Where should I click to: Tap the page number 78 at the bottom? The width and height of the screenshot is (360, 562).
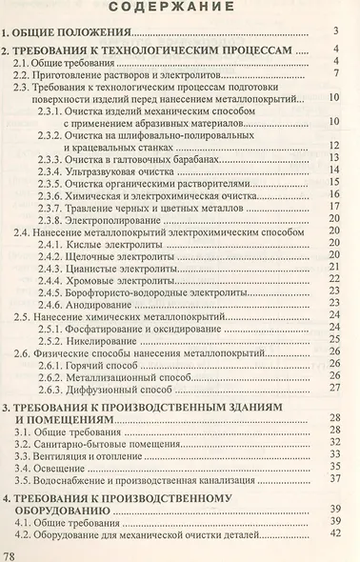11,551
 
